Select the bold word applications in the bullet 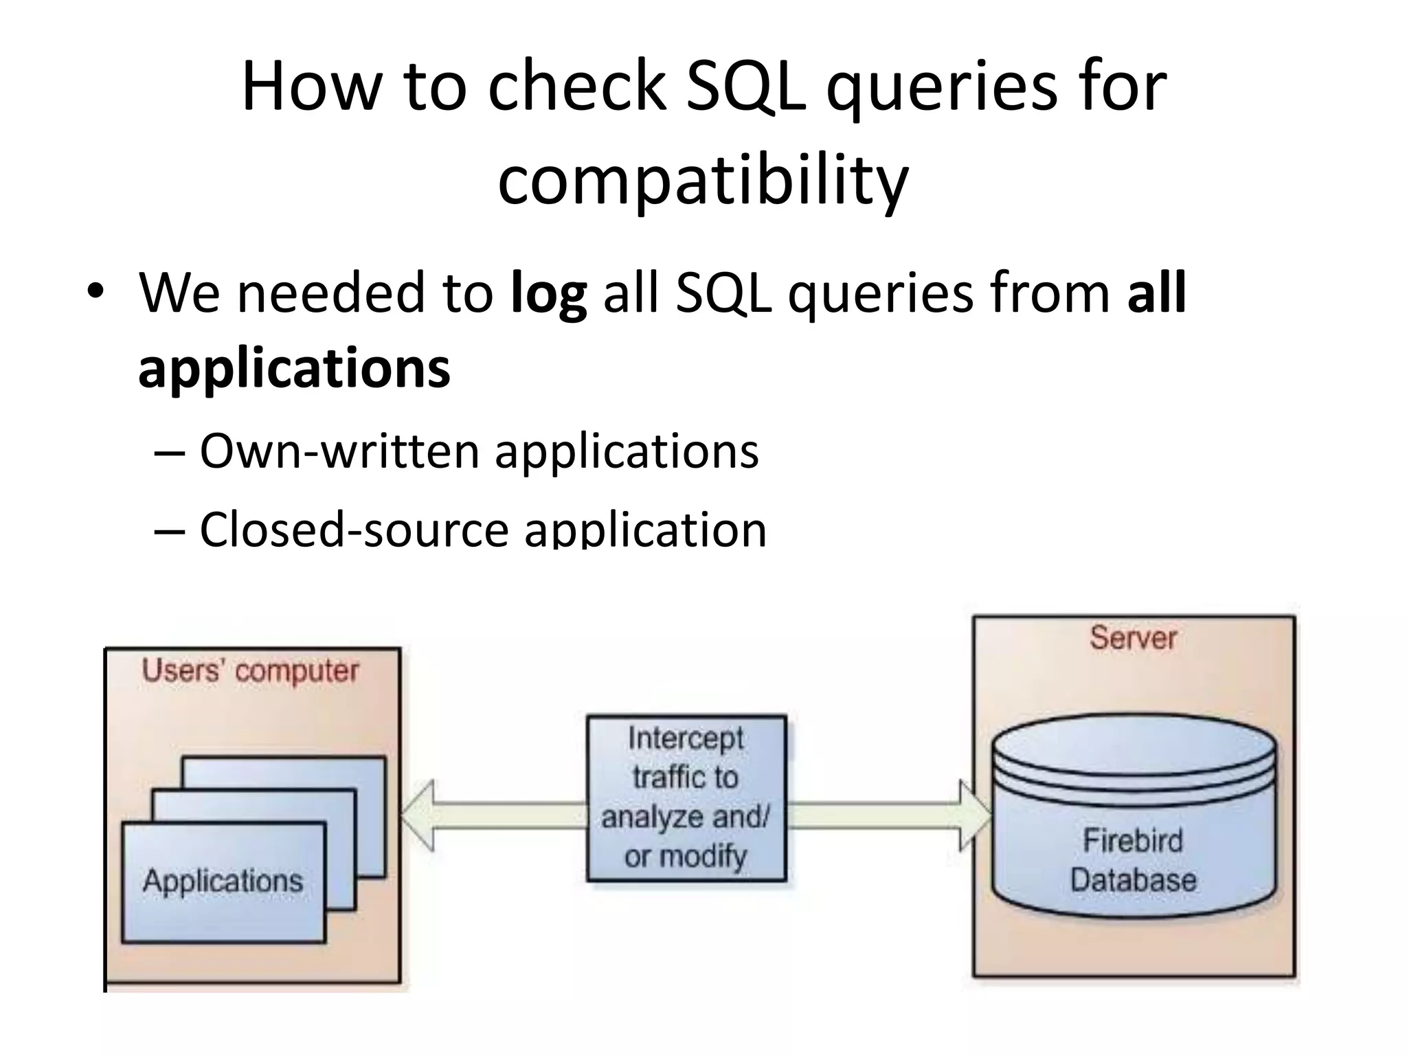[x=294, y=368]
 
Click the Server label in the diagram [x=1133, y=638]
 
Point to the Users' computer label [x=250, y=671]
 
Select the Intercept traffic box [x=686, y=798]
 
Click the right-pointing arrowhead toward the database [x=974, y=815]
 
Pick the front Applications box [x=223, y=882]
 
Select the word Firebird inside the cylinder [x=1133, y=841]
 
